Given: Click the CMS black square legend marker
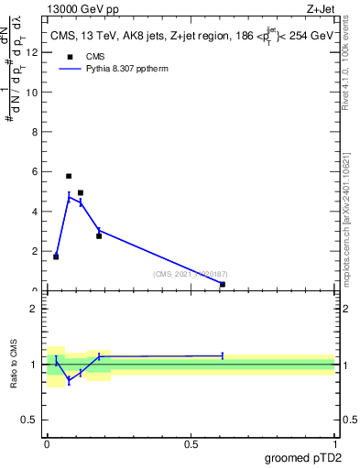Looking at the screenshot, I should (69, 56).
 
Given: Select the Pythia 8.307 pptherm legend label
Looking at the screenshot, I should (125, 69).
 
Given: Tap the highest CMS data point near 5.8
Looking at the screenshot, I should (69, 176).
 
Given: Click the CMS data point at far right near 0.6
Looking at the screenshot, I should (223, 284).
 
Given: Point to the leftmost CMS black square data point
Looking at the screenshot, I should (56, 256).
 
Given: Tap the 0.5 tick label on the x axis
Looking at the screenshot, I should (191, 443).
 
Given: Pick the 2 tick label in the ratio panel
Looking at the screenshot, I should (35, 309).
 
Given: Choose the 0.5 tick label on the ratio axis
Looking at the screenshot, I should (31, 420).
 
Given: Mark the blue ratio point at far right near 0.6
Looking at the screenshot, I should (223, 355).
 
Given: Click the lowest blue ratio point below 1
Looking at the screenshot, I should (69, 379).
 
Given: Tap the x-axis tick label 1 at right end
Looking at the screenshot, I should (334, 443).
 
